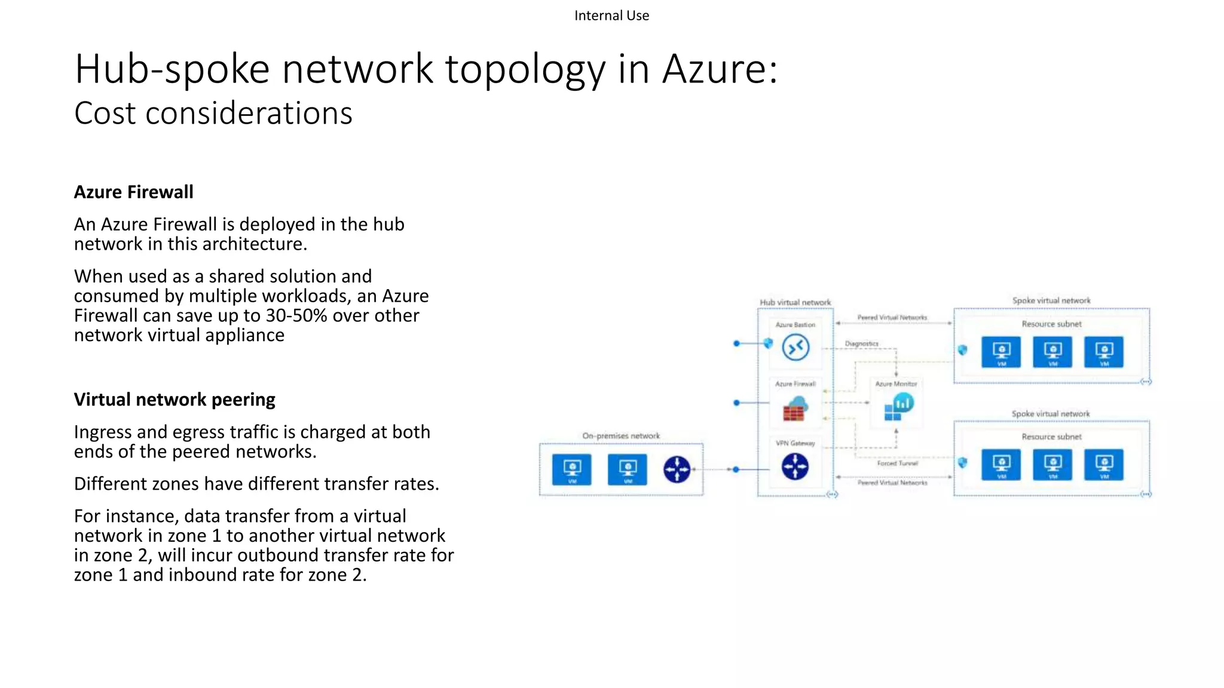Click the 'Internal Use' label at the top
pyautogui.click(x=611, y=16)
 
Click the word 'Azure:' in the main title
pyautogui.click(x=720, y=69)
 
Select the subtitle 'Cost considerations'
pyautogui.click(x=213, y=113)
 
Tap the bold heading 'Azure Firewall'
pyautogui.click(x=133, y=192)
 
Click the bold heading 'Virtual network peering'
pyautogui.click(x=175, y=400)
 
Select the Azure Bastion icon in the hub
pyautogui.click(x=795, y=348)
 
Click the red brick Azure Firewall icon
pyautogui.click(x=794, y=410)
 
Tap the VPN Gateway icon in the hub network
pyautogui.click(x=795, y=466)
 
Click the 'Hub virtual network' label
pyautogui.click(x=795, y=302)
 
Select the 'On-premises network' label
pyautogui.click(x=621, y=436)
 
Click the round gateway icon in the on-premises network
pyautogui.click(x=677, y=469)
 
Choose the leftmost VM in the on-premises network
pyautogui.click(x=572, y=469)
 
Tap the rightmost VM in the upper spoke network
pyautogui.click(x=1104, y=352)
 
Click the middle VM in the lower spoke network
pyautogui.click(x=1052, y=465)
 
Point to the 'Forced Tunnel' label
pyautogui.click(x=897, y=463)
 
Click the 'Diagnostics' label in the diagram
pyautogui.click(x=861, y=344)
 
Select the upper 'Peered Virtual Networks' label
pyautogui.click(x=892, y=318)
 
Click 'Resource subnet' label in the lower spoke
pyautogui.click(x=1051, y=437)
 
